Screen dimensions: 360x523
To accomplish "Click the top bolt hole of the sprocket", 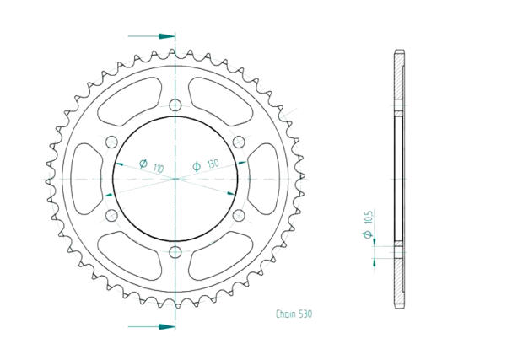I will [x=175, y=105].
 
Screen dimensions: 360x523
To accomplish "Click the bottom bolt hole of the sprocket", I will [x=175, y=252].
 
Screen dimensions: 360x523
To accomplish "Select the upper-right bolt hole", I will [x=239, y=141].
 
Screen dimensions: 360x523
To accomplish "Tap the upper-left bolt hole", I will [x=111, y=141].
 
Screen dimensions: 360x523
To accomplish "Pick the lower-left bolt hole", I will [x=111, y=215].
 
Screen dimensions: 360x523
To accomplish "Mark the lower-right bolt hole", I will [x=239, y=215].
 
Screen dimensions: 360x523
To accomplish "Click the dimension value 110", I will [x=159, y=168].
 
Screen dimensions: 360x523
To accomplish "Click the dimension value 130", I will [x=212, y=164].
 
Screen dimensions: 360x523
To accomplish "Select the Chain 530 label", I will [x=294, y=314].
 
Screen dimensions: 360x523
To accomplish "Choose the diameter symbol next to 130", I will [x=197, y=167].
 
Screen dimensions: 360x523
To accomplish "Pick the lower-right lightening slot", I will [x=218, y=256].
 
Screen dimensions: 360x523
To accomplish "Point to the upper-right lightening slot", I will [x=218, y=99].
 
